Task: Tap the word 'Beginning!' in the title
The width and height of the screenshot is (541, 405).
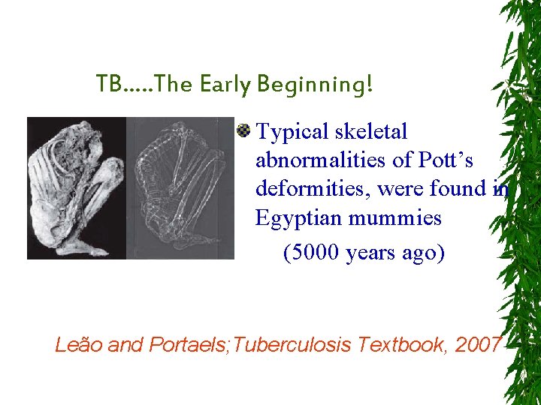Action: [314, 85]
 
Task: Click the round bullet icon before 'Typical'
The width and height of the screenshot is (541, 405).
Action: [243, 132]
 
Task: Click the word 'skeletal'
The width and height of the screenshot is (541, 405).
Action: [371, 132]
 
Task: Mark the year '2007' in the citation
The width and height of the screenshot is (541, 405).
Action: [479, 344]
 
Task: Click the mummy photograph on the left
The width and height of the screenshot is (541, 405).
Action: [75, 187]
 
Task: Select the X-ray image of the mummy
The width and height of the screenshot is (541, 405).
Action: [180, 187]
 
